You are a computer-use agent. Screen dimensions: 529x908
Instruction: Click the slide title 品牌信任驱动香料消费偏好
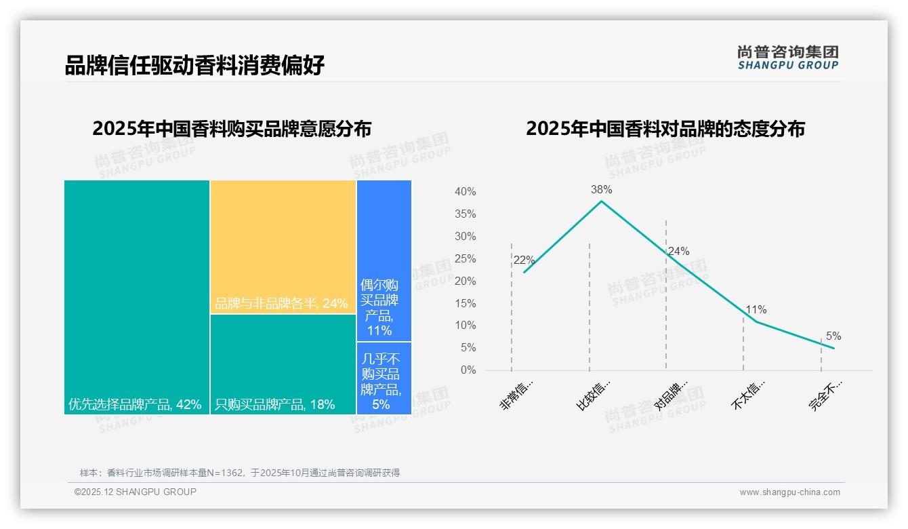(x=194, y=65)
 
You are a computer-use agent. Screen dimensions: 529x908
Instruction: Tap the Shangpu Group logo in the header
(x=787, y=57)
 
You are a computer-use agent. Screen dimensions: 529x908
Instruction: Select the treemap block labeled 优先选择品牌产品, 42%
(x=137, y=292)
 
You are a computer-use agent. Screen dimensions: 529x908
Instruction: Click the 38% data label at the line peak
(x=601, y=190)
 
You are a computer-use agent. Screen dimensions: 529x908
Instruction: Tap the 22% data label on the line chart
(x=524, y=260)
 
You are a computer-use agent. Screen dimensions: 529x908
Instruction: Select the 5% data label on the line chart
(x=833, y=336)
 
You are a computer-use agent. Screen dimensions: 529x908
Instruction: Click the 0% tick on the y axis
(x=468, y=370)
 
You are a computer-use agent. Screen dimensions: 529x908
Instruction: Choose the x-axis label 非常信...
(x=517, y=395)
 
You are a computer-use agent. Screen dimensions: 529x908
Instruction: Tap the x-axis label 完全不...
(x=825, y=395)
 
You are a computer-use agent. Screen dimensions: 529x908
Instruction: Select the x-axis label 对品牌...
(x=672, y=395)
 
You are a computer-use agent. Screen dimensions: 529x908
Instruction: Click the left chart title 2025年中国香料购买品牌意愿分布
(x=232, y=129)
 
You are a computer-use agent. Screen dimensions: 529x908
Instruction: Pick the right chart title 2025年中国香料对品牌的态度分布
(x=665, y=129)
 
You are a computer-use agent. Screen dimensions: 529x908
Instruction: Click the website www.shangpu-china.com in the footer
(x=789, y=492)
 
